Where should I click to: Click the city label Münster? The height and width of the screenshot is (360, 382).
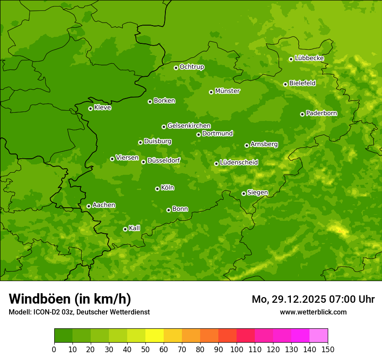[227, 91]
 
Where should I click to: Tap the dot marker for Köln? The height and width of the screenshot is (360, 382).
[157, 189]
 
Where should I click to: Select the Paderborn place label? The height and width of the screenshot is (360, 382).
[321, 113]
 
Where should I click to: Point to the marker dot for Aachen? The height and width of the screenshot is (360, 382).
[89, 206]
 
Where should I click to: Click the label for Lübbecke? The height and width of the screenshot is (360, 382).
[309, 58]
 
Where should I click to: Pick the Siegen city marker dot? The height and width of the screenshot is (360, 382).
[244, 193]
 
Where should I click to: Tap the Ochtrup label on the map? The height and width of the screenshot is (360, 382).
[191, 67]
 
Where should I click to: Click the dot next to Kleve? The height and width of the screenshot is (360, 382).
[90, 108]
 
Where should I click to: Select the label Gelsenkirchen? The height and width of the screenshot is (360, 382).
[189, 126]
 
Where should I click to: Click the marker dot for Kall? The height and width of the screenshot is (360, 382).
[125, 229]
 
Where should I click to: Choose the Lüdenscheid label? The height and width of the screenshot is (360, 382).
[239, 163]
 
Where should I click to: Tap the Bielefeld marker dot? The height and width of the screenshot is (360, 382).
[285, 84]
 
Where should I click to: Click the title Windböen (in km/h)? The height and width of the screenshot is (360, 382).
[70, 299]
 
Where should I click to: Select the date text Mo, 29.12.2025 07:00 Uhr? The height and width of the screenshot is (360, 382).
[313, 299]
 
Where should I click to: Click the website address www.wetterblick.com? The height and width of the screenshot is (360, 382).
[313, 312]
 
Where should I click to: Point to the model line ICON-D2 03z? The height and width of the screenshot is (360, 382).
[79, 312]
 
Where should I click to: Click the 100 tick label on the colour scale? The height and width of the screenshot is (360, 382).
[237, 349]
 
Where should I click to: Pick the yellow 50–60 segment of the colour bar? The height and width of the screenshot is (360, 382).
[155, 336]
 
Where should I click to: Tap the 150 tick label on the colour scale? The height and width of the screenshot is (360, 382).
[328, 349]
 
